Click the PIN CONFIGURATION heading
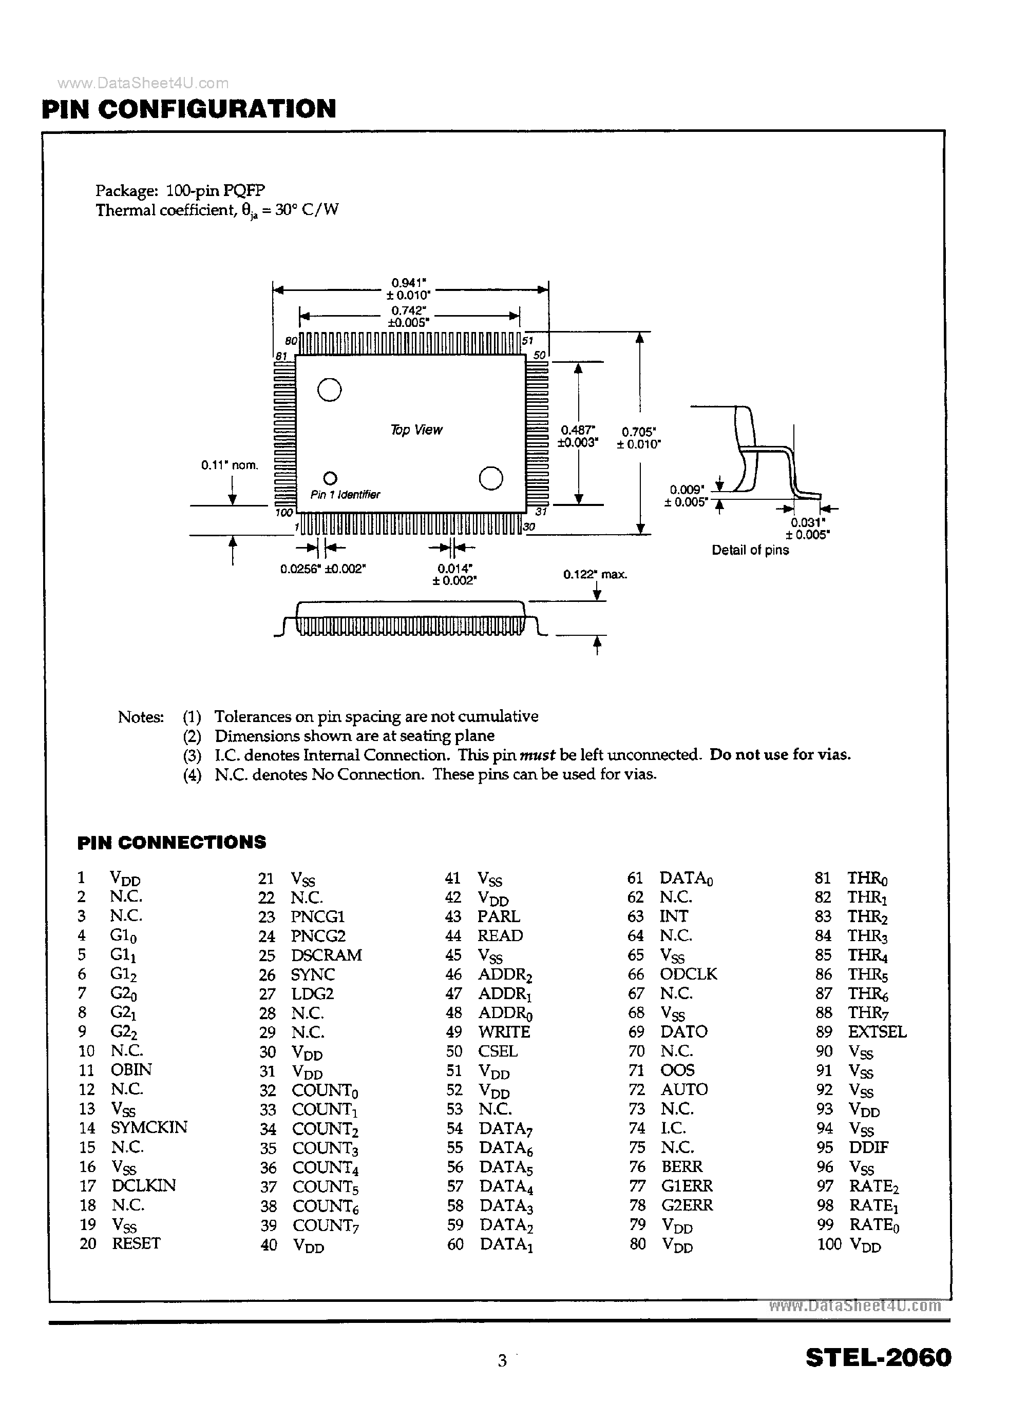(x=188, y=109)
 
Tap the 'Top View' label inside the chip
(x=416, y=430)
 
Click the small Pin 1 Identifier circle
(x=330, y=478)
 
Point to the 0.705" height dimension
(x=639, y=438)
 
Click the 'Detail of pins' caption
(x=750, y=550)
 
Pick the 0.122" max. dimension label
(x=595, y=575)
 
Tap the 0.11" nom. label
(x=229, y=465)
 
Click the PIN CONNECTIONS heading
(x=172, y=843)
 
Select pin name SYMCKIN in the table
(x=149, y=1127)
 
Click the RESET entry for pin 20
(x=136, y=1243)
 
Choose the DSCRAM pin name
(x=326, y=955)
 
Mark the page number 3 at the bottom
(x=502, y=1360)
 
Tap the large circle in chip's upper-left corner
(x=329, y=390)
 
